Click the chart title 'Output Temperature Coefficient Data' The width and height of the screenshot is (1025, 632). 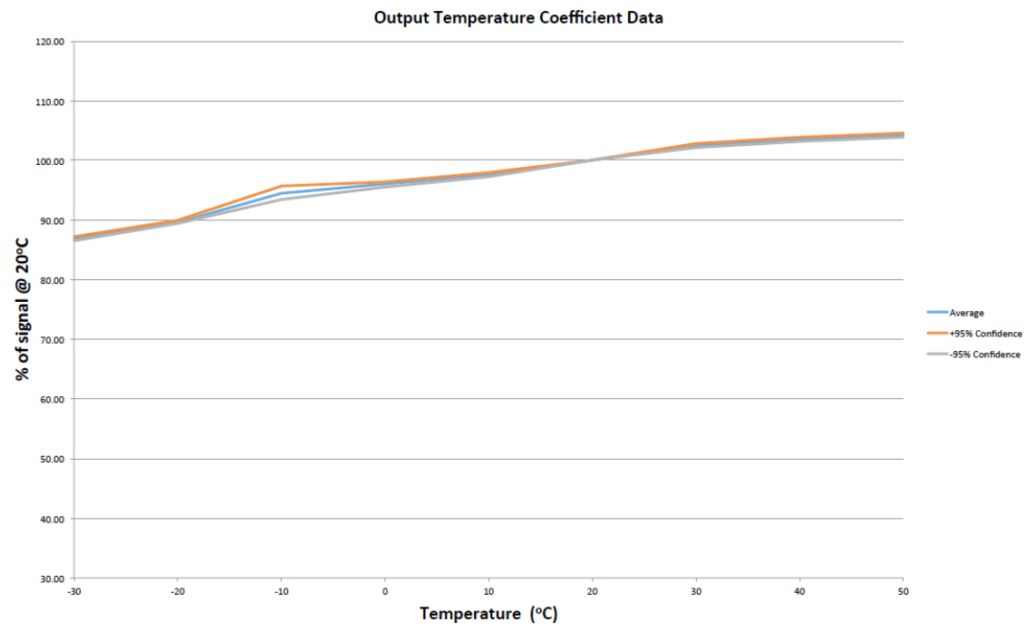coord(518,17)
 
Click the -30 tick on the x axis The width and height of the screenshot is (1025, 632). coord(73,591)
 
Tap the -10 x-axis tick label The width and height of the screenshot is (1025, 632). coord(281,591)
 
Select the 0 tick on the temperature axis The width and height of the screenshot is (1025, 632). coord(385,591)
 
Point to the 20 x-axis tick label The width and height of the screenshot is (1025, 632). coord(592,591)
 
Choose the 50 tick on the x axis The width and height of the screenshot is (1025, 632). coord(902,591)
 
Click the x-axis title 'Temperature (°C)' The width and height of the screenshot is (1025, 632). coord(488,614)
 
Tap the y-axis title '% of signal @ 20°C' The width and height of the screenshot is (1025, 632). coord(23,310)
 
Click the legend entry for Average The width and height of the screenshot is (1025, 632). coord(966,313)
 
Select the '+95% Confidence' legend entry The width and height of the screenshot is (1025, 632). coord(985,334)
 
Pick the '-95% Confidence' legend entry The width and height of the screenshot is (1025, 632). coord(984,355)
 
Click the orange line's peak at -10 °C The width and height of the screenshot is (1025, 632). coord(281,186)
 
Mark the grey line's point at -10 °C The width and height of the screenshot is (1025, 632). coord(281,199)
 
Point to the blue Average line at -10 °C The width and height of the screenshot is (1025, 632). coord(281,193)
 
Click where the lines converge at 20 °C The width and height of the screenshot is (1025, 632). coord(592,160)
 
